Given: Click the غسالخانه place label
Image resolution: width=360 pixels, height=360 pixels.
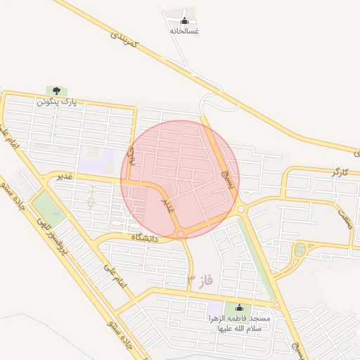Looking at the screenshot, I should pyautogui.click(x=185, y=31).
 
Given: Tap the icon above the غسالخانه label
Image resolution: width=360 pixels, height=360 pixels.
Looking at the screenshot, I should pyautogui.click(x=185, y=20).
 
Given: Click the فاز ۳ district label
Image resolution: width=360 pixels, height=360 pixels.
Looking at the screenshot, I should pyautogui.click(x=200, y=281).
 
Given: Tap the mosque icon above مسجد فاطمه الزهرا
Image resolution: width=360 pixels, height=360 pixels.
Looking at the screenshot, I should pyautogui.click(x=238, y=307).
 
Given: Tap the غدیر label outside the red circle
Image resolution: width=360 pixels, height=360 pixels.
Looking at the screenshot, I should pyautogui.click(x=65, y=176).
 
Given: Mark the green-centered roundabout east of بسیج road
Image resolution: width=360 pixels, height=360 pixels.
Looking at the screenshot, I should pyautogui.click(x=300, y=250).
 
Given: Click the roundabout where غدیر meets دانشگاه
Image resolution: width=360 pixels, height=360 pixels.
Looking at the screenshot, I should pyautogui.click(x=181, y=233).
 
